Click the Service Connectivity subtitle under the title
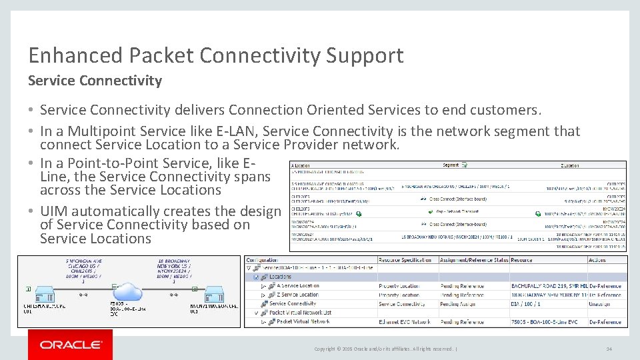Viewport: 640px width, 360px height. (95, 81)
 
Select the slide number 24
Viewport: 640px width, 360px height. (609, 349)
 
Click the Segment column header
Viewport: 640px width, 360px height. (451, 165)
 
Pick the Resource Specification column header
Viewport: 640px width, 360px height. (405, 260)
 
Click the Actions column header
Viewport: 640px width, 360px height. (597, 260)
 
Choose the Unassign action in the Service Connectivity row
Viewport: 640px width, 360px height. (599, 303)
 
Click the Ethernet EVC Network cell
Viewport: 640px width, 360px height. (404, 321)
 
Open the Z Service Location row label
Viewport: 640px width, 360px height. (297, 295)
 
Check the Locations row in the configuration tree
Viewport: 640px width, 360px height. (280, 277)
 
